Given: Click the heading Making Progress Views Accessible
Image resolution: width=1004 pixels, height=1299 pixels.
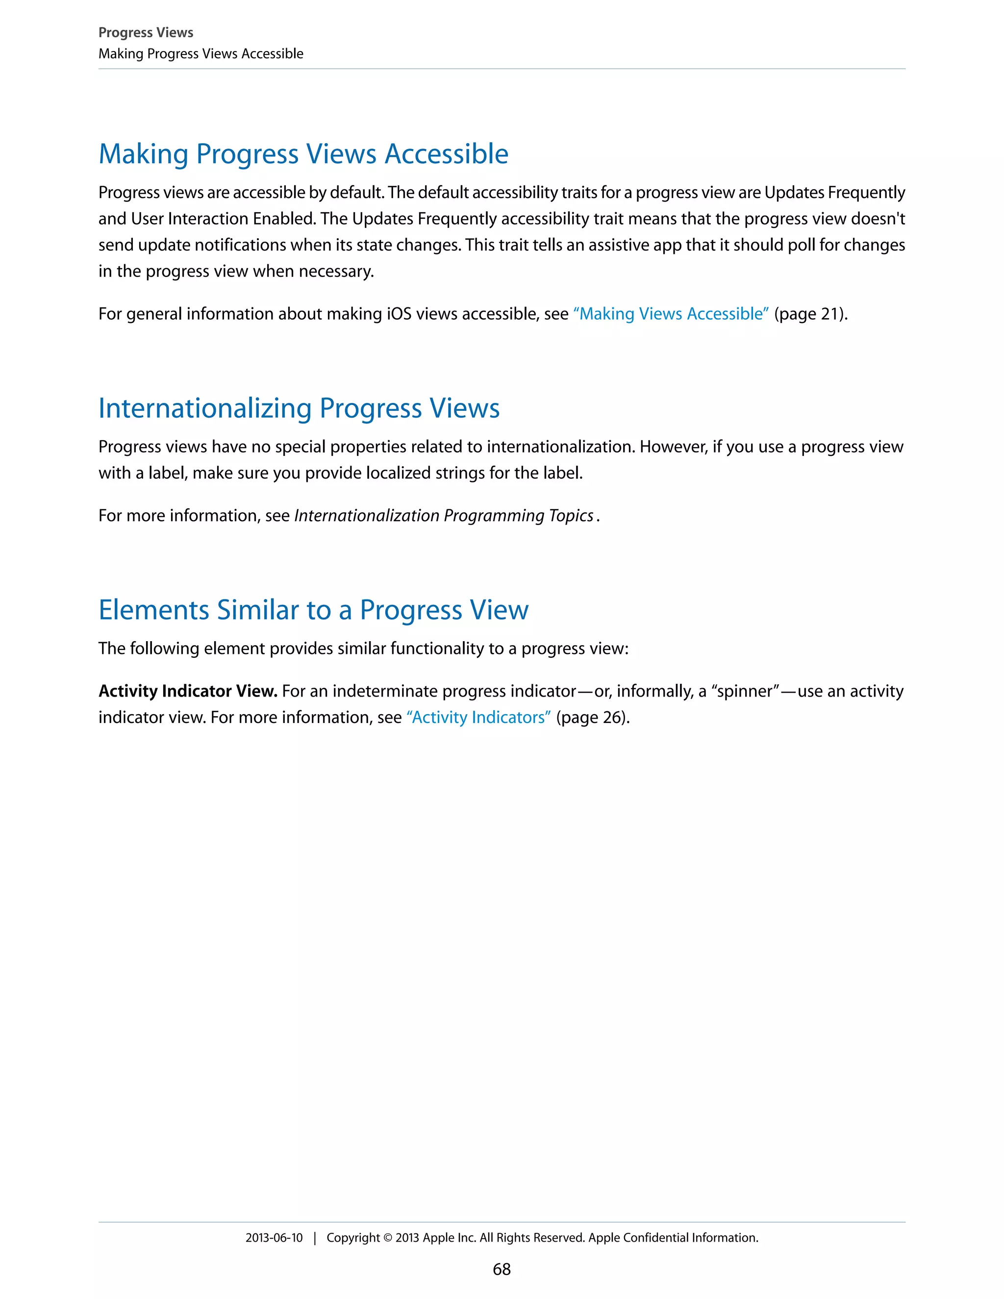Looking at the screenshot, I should tap(303, 154).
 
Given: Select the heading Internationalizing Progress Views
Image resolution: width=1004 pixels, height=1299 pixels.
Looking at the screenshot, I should tap(299, 409).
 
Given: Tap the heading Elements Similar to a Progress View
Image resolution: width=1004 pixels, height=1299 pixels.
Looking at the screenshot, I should tap(313, 610).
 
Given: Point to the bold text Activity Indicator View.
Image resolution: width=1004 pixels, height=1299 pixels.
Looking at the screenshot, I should tap(188, 691).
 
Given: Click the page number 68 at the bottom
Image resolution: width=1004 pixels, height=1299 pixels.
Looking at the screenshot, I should tap(502, 1269).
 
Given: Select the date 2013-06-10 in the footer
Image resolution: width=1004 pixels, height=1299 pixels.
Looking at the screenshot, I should tap(274, 1238).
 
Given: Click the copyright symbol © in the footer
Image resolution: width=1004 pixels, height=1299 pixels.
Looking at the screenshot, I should tap(387, 1238).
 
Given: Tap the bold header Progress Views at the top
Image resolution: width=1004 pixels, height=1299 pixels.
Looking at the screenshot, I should tap(146, 33).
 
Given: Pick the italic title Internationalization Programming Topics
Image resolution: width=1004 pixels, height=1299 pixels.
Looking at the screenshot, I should tap(444, 516).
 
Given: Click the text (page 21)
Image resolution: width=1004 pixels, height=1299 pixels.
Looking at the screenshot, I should tap(810, 314).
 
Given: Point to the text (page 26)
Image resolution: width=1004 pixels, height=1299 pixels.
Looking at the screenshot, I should tap(592, 717).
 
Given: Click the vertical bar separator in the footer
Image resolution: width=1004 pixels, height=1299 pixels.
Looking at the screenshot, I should tap(315, 1238).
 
